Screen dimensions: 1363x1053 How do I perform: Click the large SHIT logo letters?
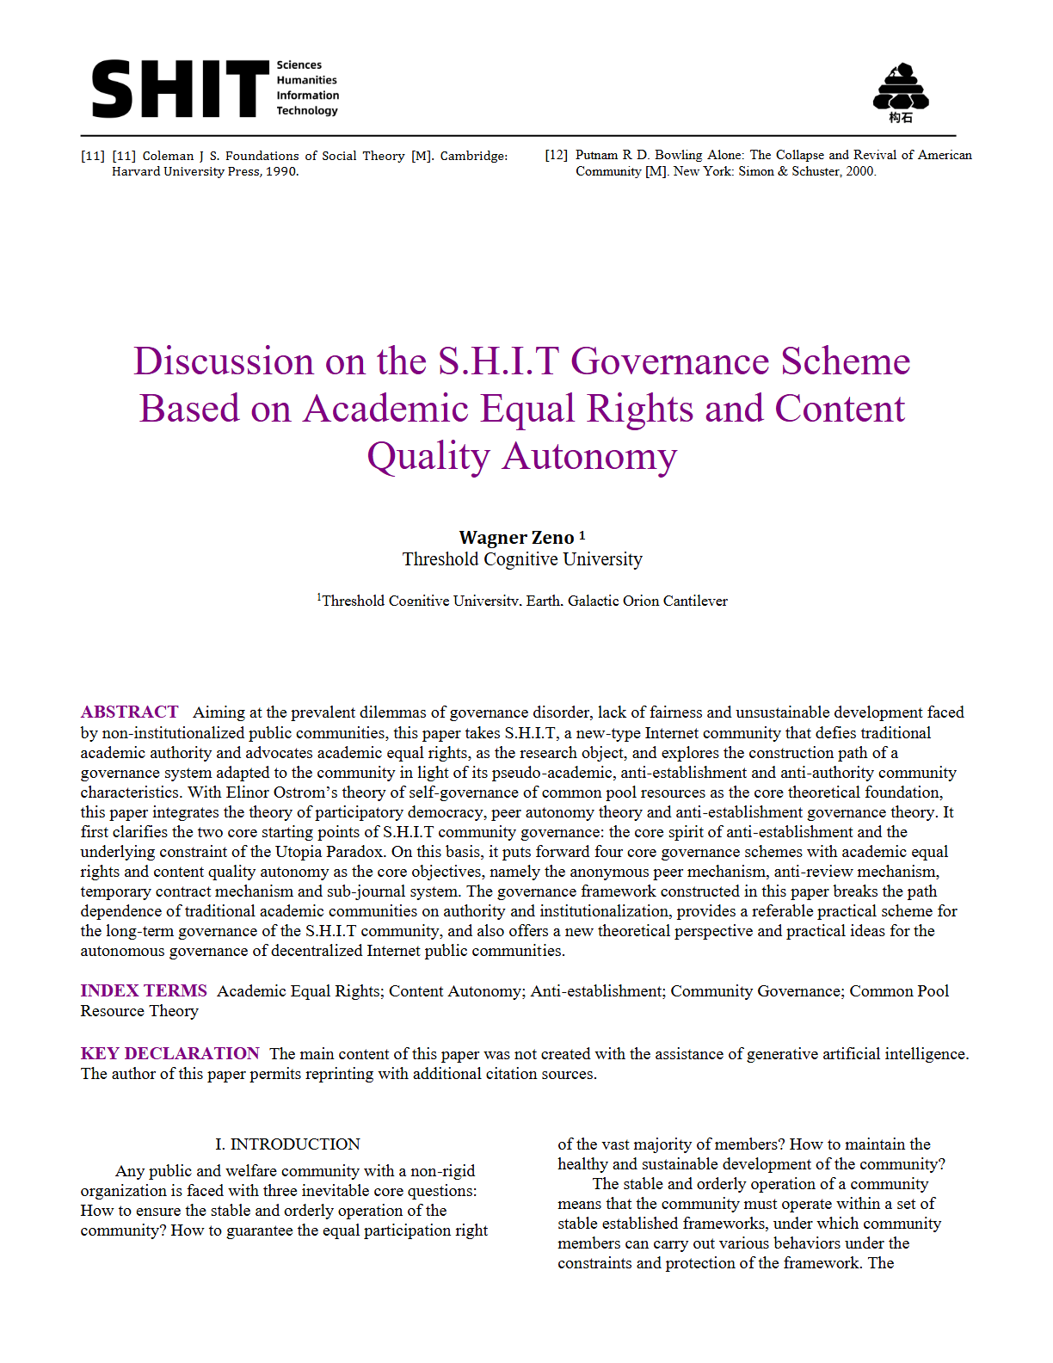[180, 89]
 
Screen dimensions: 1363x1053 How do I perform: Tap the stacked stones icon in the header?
[901, 88]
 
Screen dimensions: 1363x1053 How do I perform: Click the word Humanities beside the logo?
[306, 80]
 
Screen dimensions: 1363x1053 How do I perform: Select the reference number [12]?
[557, 155]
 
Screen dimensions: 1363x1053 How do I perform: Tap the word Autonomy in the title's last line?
[589, 456]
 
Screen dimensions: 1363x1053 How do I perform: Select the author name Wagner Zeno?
[516, 538]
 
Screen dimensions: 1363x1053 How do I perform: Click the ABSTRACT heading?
[129, 712]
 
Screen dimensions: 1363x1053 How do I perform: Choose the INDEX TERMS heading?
[144, 991]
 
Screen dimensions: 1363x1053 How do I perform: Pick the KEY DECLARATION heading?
[169, 1054]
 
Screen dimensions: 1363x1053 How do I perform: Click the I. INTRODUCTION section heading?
[287, 1144]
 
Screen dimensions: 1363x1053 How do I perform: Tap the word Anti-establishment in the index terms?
[597, 991]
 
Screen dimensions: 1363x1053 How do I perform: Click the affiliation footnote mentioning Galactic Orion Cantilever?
[522, 601]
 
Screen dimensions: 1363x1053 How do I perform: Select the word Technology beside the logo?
[307, 110]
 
